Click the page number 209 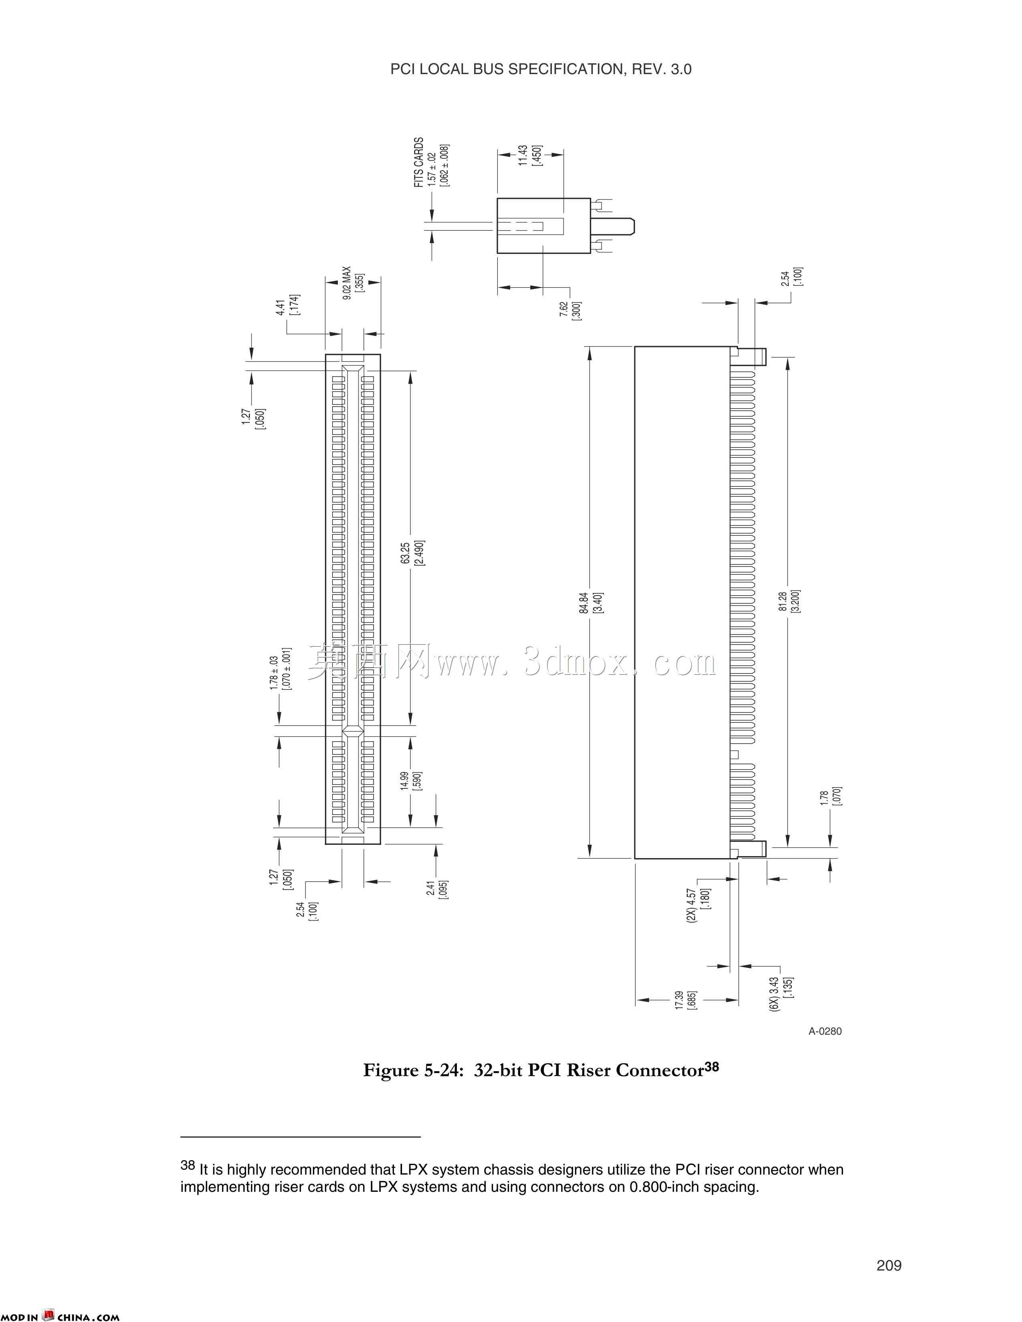tap(889, 1265)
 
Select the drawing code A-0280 tap(825, 1031)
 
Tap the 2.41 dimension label tap(430, 888)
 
